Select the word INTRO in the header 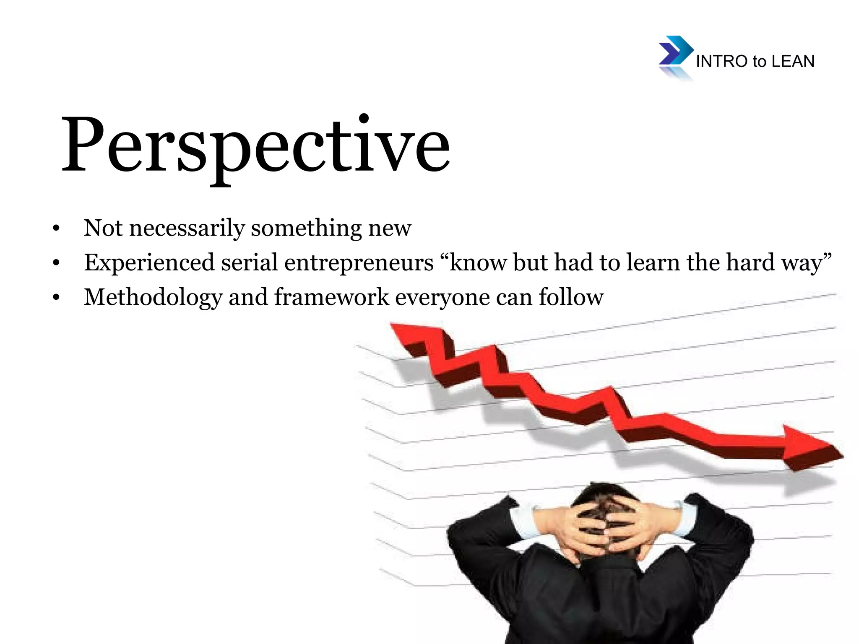coord(721,62)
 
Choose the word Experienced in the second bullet coord(149,262)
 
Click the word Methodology coord(153,298)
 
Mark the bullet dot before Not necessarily coord(56,229)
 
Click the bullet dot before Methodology coord(56,298)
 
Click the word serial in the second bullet coord(250,262)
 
